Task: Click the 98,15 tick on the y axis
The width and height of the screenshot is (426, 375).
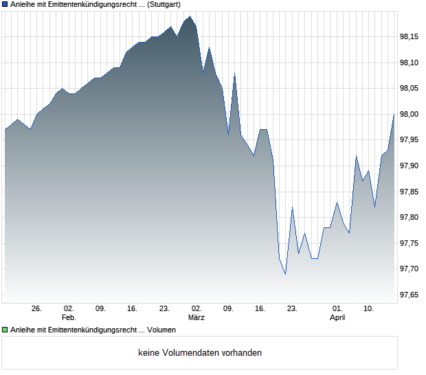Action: pos(410,36)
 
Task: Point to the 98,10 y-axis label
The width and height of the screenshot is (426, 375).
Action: pos(410,62)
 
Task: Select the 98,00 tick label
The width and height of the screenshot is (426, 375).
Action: pos(410,114)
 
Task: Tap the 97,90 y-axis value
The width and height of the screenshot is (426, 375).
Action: pos(410,166)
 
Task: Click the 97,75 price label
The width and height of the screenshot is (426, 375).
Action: pos(410,243)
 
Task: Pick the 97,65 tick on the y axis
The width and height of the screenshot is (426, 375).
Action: pos(410,295)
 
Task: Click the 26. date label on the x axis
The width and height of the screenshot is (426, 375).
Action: pos(36,309)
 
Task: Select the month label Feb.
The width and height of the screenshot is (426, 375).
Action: pos(68,318)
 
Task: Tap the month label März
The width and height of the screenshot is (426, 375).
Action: pos(197,318)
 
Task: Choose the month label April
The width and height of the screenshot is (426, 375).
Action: pos(337,318)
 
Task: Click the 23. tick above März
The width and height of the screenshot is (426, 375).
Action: pos(164,309)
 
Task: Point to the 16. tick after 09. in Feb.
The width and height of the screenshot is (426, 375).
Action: pos(132,309)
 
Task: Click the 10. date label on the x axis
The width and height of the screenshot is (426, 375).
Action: pos(369,309)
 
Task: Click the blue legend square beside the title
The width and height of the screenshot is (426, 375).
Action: pos(5,4)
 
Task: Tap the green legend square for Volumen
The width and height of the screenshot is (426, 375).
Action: pos(5,330)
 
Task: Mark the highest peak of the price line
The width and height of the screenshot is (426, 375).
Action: pos(190,16)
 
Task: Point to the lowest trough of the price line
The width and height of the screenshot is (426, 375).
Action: pos(285,274)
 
